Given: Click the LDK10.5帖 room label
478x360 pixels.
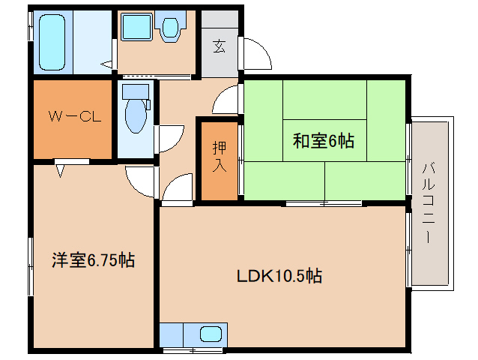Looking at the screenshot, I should coord(279,275).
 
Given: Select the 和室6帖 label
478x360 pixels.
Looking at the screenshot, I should coord(323,139).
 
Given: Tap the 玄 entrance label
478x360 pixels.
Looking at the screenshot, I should coord(220,47).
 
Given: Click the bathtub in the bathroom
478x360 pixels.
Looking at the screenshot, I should coord(53,41).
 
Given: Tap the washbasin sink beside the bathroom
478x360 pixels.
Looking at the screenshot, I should coord(137,28).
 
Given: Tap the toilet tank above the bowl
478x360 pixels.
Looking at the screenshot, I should coord(135,91).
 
